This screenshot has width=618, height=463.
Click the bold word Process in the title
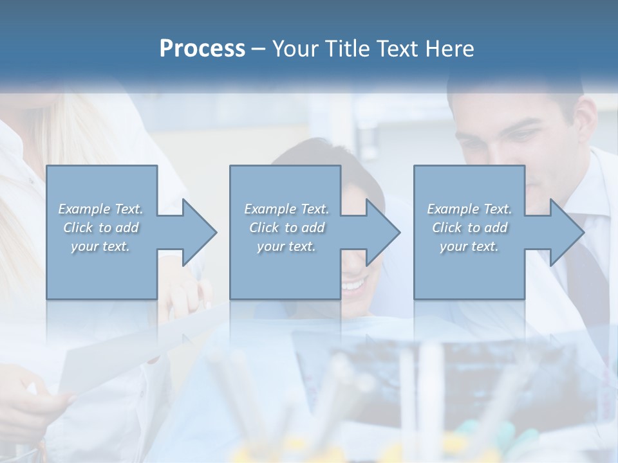point(202,49)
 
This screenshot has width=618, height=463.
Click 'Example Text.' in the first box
point(100,209)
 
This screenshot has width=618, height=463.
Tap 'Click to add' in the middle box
point(286,228)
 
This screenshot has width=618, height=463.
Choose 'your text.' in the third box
point(469,246)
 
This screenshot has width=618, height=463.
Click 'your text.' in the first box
point(100,246)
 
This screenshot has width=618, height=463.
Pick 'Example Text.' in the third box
point(469,209)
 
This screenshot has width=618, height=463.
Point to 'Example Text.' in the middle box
point(286,209)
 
